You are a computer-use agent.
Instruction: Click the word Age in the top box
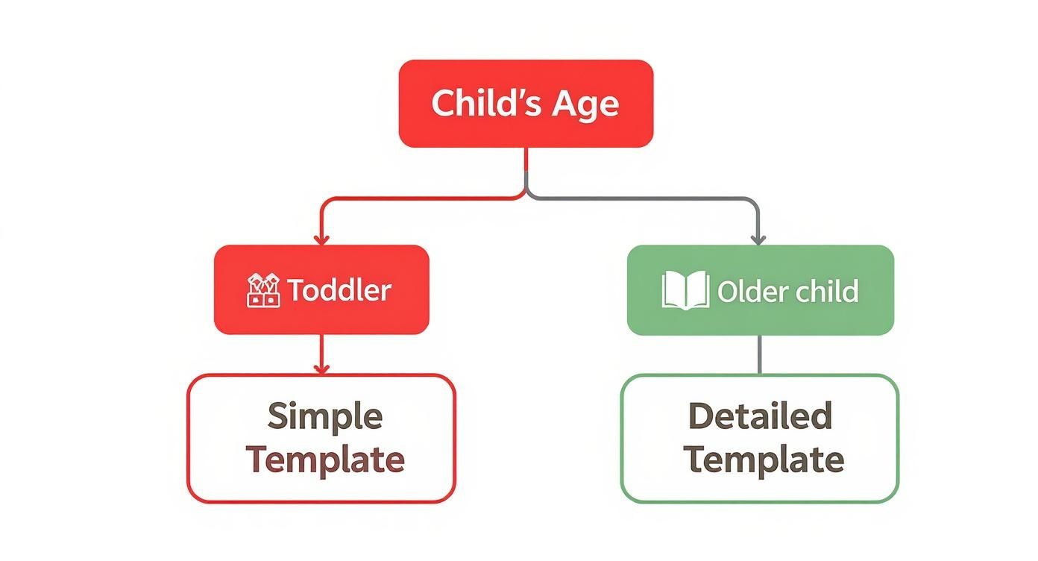(585, 104)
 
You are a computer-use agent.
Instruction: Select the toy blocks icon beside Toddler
(263, 290)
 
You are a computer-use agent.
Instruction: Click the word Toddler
(339, 290)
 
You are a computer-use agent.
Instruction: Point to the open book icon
(685, 290)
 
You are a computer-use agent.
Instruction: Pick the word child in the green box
(825, 291)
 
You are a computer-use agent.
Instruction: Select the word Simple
(325, 416)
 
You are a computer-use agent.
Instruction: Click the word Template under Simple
(325, 459)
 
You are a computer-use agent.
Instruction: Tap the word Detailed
(760, 416)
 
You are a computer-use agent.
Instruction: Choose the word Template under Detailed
(764, 459)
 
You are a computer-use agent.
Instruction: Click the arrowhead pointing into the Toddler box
(321, 239)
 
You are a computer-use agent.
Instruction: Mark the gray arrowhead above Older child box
(758, 239)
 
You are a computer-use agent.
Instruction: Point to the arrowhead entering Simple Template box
(321, 369)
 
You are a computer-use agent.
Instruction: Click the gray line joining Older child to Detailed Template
(760, 354)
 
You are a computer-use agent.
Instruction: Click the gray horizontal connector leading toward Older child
(641, 198)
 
